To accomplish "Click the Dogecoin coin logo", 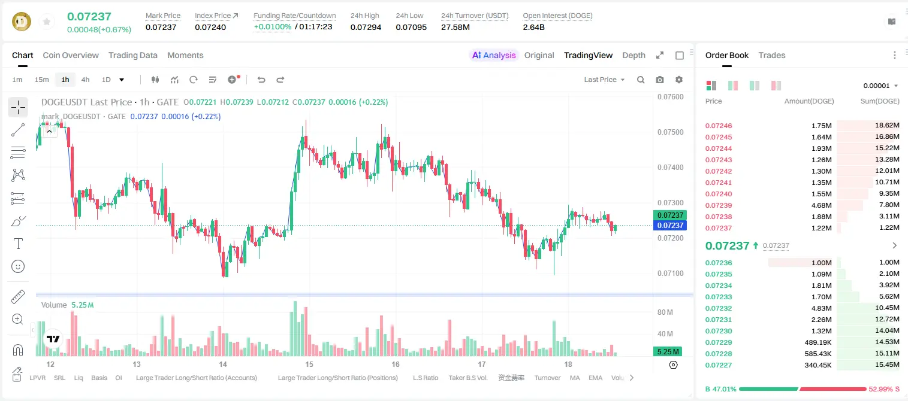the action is click(22, 22).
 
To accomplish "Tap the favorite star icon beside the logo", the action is click(47, 22).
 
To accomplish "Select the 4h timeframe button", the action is click(85, 80).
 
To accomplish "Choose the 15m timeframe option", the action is click(42, 80).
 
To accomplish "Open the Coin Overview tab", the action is click(71, 56).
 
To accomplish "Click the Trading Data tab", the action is click(132, 56).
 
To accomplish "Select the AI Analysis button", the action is click(494, 56).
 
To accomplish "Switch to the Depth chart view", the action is click(634, 56).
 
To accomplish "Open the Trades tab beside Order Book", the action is click(772, 56).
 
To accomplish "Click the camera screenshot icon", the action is click(660, 80).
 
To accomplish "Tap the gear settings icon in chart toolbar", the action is click(679, 80).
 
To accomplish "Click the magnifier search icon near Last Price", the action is click(641, 80).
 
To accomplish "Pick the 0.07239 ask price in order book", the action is click(718, 205).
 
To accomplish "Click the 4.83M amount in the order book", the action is click(821, 308).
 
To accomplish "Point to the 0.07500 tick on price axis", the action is click(671, 132).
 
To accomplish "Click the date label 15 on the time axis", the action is click(309, 364).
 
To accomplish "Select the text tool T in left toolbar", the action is click(18, 244).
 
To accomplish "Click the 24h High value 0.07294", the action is click(366, 27).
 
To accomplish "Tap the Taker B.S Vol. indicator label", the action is click(467, 378).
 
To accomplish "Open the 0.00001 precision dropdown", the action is click(880, 86).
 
